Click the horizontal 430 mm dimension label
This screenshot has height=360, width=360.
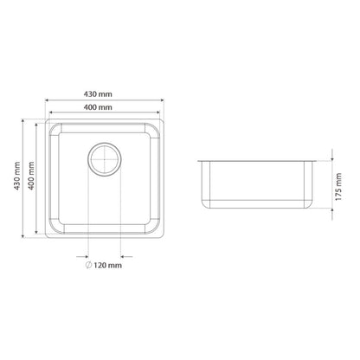[x=98, y=94]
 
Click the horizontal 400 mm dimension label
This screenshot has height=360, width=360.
[x=98, y=107]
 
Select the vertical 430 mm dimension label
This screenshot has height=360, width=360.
[x=17, y=176]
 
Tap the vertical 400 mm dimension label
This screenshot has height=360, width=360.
[x=31, y=176]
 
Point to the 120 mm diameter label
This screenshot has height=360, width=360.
[x=104, y=265]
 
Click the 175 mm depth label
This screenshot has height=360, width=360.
[x=338, y=187]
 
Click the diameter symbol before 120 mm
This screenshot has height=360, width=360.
[x=88, y=265]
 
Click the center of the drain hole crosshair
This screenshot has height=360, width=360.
[x=105, y=159]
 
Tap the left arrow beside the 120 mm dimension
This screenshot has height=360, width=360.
[x=82, y=256]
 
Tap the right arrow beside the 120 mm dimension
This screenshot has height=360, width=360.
[x=126, y=256]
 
